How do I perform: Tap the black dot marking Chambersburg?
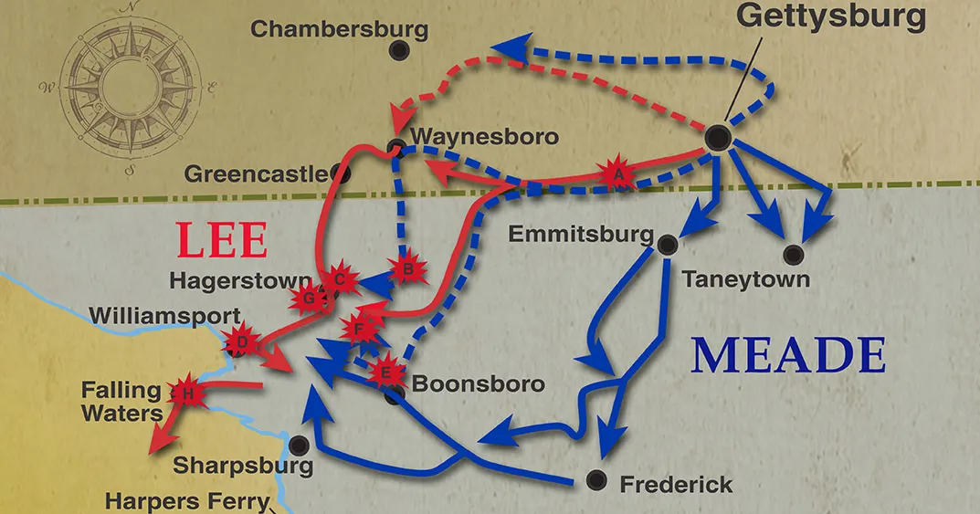pyautogui.click(x=398, y=52)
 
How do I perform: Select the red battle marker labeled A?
pyautogui.click(x=617, y=172)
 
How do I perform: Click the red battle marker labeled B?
pyautogui.click(x=408, y=269)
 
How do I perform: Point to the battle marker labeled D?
pyautogui.click(x=242, y=342)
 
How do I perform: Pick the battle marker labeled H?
pyautogui.click(x=188, y=393)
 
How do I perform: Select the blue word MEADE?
pyautogui.click(x=787, y=356)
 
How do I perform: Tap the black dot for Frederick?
pyautogui.click(x=596, y=478)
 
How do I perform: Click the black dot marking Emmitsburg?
pyautogui.click(x=667, y=243)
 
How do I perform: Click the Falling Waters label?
pyautogui.click(x=121, y=402)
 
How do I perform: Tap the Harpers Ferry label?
pyautogui.click(x=187, y=501)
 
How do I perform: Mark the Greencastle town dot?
pyautogui.click(x=342, y=172)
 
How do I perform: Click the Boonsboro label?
pyautogui.click(x=478, y=384)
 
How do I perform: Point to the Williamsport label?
pyautogui.click(x=165, y=316)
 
